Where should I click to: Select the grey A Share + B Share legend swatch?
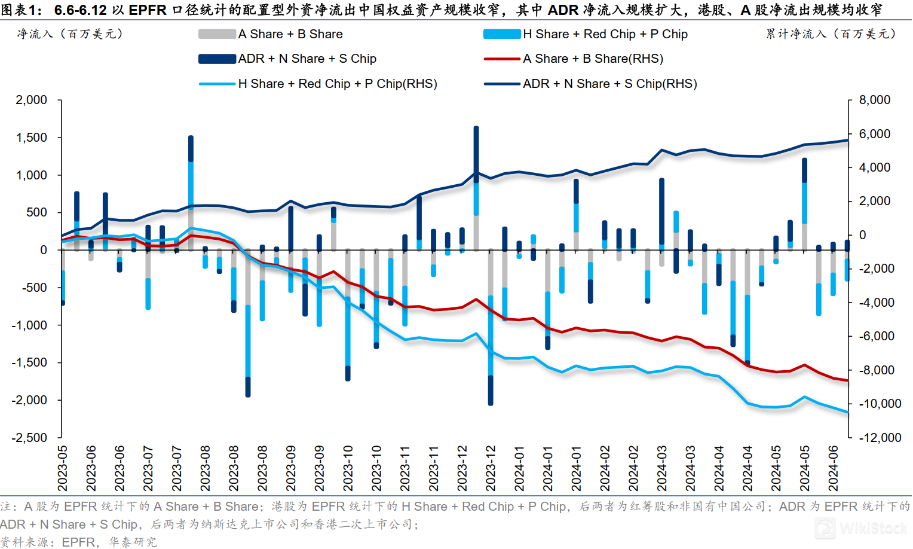point(217,35)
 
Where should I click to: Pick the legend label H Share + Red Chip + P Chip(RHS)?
point(338,84)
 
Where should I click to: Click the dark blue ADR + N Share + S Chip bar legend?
point(217,59)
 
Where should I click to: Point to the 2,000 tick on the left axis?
point(32,100)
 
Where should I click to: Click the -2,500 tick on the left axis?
point(29,438)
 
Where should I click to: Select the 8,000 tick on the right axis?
point(874,100)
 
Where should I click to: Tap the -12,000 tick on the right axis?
point(880,438)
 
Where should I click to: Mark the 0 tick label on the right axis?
point(862,235)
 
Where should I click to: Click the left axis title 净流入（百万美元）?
point(70,34)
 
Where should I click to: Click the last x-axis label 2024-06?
point(834,468)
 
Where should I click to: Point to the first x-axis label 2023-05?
point(63,468)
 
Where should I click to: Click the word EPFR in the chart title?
point(148,10)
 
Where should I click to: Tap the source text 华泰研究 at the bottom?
point(133,542)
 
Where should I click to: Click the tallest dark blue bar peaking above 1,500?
point(476,150)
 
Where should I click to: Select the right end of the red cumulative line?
point(847,380)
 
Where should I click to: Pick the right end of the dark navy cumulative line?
point(847,141)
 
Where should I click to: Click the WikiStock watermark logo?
point(860,527)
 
